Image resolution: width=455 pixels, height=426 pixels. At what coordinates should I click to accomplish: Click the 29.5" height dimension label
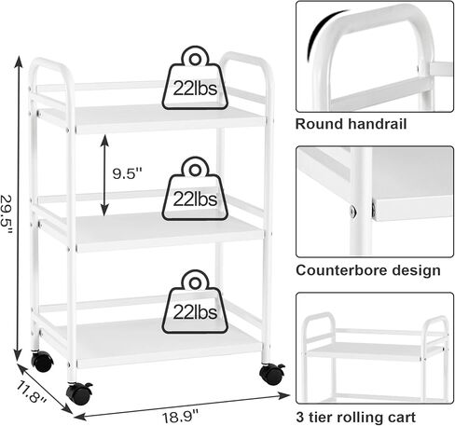(7, 215)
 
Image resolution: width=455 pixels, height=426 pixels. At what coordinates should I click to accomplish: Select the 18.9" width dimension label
(180, 417)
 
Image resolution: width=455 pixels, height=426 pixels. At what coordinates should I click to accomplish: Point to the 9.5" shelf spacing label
(127, 173)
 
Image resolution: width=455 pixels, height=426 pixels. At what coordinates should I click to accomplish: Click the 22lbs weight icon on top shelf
(195, 78)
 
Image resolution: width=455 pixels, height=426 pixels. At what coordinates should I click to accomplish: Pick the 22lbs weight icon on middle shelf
(195, 188)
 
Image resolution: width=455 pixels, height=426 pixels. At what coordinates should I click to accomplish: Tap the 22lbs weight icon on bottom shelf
(195, 301)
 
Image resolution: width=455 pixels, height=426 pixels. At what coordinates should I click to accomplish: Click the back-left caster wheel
(42, 361)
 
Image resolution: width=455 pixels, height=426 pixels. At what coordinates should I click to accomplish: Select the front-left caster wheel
(79, 393)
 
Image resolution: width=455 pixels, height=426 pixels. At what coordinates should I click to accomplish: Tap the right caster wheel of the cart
(272, 374)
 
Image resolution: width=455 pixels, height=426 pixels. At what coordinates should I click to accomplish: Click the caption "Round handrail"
(351, 124)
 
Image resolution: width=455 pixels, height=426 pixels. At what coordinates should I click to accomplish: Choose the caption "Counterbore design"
(368, 270)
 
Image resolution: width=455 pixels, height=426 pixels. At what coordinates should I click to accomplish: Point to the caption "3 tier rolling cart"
(355, 417)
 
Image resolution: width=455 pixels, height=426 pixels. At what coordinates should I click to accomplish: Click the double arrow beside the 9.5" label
(104, 175)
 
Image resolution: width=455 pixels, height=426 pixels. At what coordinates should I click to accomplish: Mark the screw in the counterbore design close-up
(353, 212)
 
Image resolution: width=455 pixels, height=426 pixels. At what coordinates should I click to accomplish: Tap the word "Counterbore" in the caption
(341, 270)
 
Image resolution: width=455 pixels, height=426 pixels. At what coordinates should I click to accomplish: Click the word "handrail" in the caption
(378, 124)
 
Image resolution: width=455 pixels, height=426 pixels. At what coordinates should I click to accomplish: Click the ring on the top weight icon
(195, 59)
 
